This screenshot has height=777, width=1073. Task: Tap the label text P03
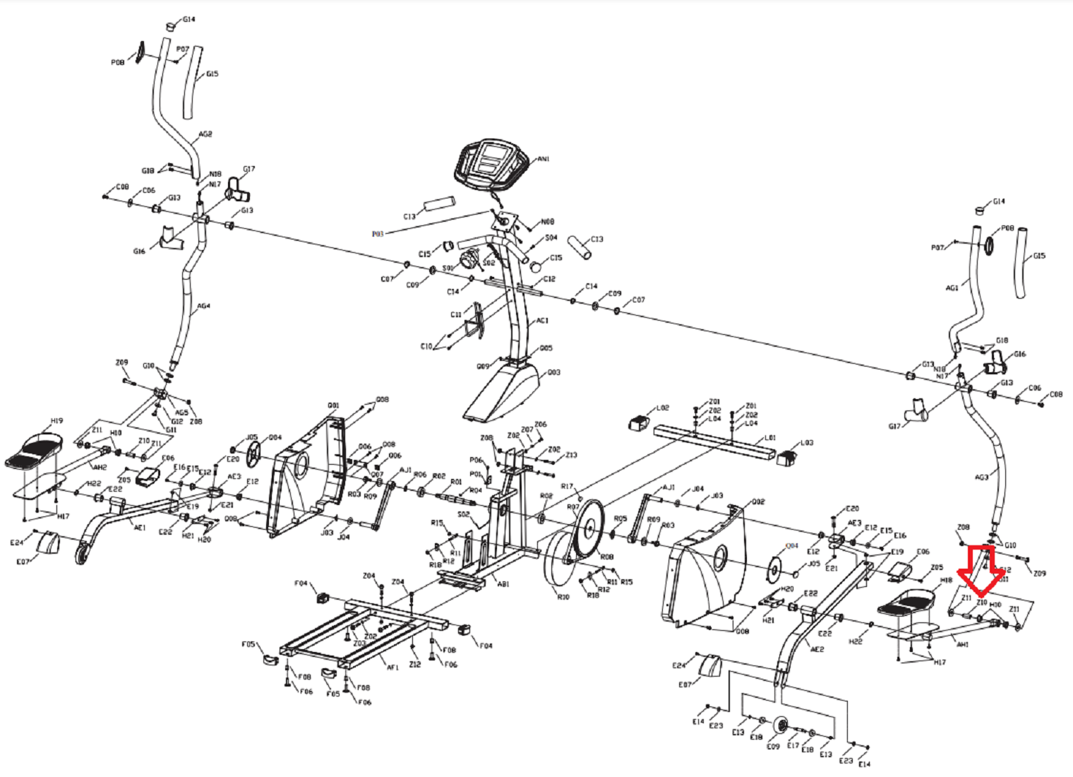378,234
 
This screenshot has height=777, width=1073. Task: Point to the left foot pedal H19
35,451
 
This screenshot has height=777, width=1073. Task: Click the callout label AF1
392,666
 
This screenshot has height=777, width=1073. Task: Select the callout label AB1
503,584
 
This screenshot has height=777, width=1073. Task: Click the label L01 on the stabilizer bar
770,438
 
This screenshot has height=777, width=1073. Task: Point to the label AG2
205,134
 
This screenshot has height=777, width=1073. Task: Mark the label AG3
981,478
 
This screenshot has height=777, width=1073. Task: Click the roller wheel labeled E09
780,726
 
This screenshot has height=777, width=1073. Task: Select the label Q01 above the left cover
333,405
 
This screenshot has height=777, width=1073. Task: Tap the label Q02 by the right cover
758,502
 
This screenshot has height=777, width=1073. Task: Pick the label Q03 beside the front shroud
553,372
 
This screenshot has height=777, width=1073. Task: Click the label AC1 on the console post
542,321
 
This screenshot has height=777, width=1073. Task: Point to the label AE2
817,649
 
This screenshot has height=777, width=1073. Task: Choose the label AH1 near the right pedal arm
962,644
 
